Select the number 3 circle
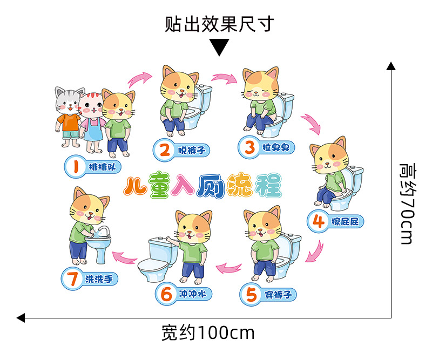pos(249,146)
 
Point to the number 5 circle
pos(251,295)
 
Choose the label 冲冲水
pos(192,295)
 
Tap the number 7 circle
pos(72,280)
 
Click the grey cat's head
pos(69,100)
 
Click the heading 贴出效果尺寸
pos(219,24)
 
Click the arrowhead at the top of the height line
pos(390,66)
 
